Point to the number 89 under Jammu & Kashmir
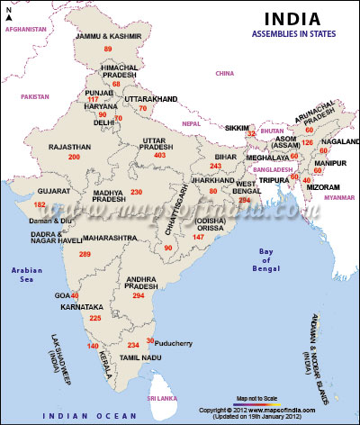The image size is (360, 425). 109,48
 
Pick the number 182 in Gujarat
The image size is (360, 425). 40,204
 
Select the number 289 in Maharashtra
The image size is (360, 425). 85,255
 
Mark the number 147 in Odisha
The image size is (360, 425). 199,237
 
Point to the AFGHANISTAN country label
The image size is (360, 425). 25,29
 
